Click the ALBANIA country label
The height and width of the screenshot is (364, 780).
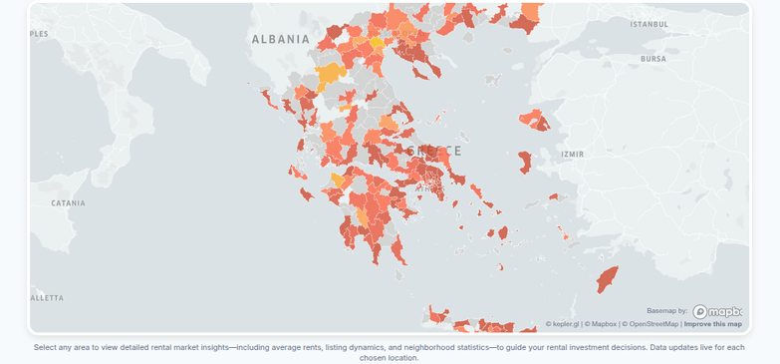(x=281, y=39)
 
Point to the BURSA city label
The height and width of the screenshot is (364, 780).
(x=652, y=59)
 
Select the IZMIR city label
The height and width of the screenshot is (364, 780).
(x=573, y=155)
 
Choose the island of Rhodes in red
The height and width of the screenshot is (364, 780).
(x=607, y=278)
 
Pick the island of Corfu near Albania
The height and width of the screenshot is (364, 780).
(x=268, y=97)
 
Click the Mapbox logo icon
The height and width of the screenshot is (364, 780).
(x=717, y=311)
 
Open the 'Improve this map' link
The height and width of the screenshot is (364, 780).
(x=712, y=324)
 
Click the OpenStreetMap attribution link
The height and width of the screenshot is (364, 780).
(x=651, y=324)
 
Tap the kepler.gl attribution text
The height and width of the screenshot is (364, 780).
(x=563, y=324)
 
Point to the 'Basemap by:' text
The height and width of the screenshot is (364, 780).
(x=666, y=311)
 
